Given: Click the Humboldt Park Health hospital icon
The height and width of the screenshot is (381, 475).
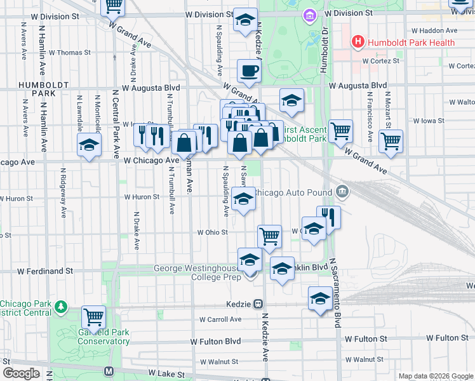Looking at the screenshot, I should pos(358,43).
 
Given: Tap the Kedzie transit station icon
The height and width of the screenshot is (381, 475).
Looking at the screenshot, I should pos(258,304).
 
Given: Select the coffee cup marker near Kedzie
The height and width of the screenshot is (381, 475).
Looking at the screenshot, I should pos(248,71).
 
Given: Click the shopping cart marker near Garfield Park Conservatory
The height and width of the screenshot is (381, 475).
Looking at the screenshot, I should pos(94,316).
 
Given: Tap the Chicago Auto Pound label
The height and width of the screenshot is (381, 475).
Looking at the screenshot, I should pos(293,192).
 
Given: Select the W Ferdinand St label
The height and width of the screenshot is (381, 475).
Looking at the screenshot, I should pos(45,271).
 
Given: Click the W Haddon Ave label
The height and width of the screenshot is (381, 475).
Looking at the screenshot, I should pos(434,30).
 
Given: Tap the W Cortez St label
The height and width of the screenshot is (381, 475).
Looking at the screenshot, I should pos(380,61).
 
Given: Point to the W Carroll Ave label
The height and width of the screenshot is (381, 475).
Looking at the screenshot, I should pos(220,319).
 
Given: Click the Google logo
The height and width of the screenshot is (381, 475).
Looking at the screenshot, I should pos(22,373).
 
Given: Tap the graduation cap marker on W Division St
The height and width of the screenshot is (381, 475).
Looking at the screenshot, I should pos(244,20).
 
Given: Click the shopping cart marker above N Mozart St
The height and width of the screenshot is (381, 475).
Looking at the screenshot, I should pos(391,142).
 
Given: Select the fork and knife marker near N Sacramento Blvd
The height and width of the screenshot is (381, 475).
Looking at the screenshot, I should pos(328,217).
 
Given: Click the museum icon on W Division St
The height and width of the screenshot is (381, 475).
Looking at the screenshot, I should pos(309,14).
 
